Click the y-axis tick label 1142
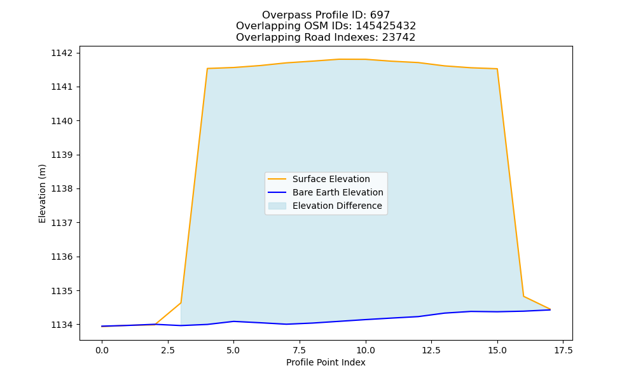62,53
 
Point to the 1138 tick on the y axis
62,188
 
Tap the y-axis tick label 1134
62,325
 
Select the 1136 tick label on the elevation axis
62,257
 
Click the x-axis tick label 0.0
102,350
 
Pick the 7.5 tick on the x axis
300,350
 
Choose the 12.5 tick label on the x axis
431,350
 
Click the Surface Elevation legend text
331,179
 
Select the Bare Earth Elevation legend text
338,192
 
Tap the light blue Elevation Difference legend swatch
277,206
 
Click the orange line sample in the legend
277,179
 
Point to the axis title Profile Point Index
326,362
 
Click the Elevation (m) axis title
42,194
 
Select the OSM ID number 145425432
386,26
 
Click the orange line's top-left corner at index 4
207,69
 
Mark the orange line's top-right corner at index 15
497,69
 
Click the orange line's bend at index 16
523,296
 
